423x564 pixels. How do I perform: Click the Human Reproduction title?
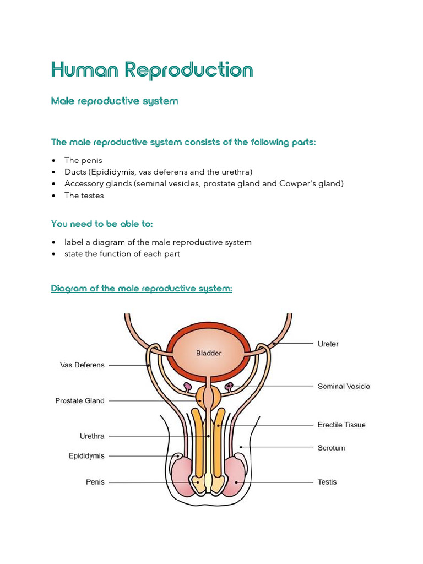click(x=152, y=70)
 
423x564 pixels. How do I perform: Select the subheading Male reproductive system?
click(x=115, y=101)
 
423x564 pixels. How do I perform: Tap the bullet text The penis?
click(x=83, y=160)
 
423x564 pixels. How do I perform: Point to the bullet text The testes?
click(x=84, y=196)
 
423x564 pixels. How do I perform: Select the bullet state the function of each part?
click(x=122, y=254)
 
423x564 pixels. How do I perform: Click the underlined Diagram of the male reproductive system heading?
click(x=142, y=289)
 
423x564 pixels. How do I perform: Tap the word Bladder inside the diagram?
click(x=209, y=353)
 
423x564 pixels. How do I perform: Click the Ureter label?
click(x=328, y=344)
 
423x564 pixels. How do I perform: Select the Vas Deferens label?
click(x=82, y=365)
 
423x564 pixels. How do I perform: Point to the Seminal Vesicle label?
click(x=344, y=386)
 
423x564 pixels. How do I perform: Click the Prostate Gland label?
click(x=80, y=401)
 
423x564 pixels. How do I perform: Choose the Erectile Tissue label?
click(x=341, y=425)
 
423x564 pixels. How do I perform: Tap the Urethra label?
click(x=92, y=436)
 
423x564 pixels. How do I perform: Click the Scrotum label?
click(x=332, y=448)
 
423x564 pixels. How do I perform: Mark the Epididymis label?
click(x=86, y=456)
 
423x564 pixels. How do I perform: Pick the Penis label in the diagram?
click(x=95, y=482)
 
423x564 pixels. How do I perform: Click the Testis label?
click(x=327, y=482)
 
